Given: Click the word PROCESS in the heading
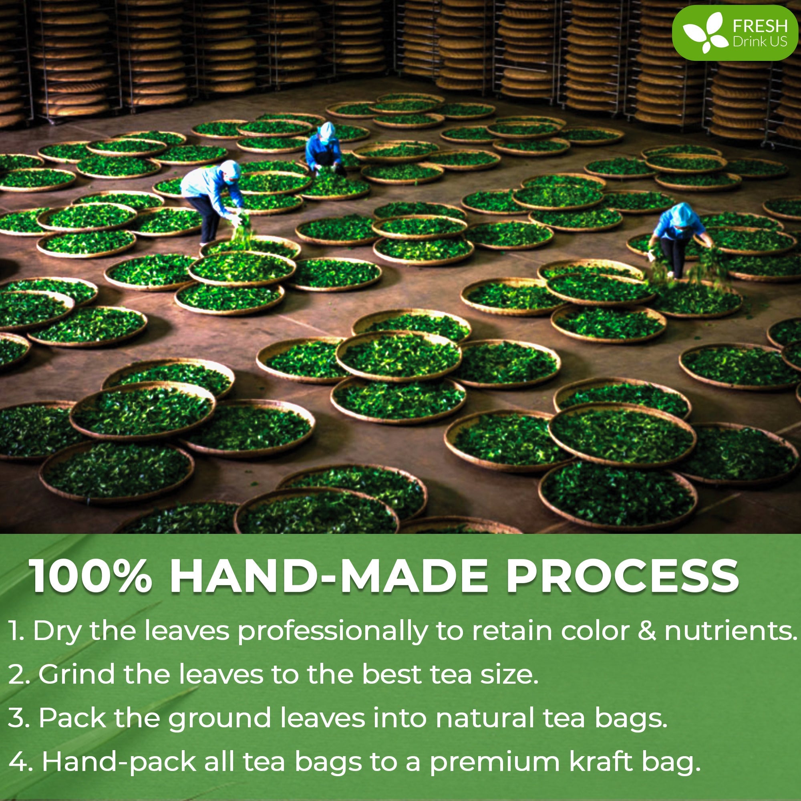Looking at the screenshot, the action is (x=622, y=577).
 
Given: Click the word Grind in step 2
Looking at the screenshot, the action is (x=76, y=674).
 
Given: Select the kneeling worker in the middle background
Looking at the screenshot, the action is (x=324, y=148).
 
